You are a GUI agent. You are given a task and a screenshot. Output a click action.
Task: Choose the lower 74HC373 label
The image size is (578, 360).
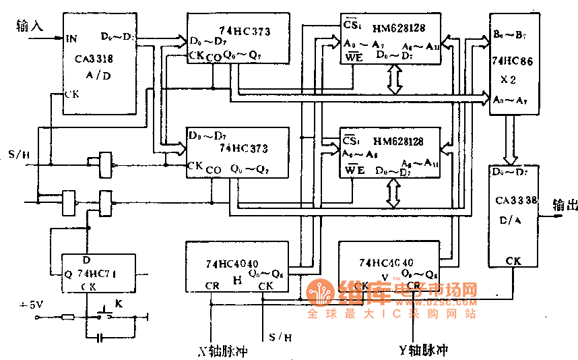click(x=240, y=146)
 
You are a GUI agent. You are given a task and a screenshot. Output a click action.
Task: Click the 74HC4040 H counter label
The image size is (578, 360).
click(x=232, y=264)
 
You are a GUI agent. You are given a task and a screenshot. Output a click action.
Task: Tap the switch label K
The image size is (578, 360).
click(x=119, y=304)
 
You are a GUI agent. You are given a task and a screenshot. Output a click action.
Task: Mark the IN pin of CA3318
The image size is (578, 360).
click(x=71, y=39)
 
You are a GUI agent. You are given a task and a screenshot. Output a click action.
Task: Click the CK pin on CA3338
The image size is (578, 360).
click(x=514, y=260)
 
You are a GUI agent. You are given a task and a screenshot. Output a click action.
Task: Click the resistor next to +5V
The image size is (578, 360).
click(x=67, y=316)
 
